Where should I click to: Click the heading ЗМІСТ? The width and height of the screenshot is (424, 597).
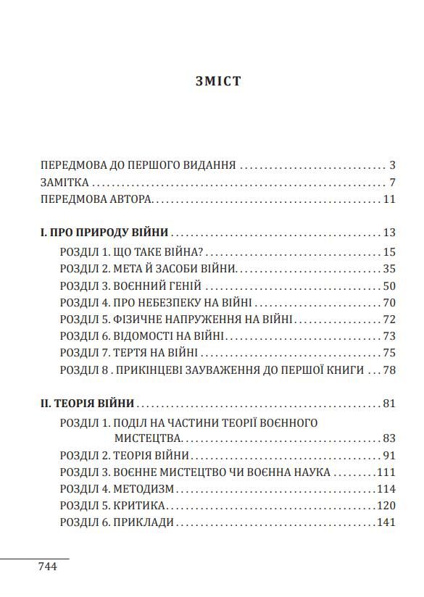[218, 81]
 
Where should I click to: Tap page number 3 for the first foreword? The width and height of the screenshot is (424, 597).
[391, 165]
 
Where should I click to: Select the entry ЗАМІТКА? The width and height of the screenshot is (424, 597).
[65, 183]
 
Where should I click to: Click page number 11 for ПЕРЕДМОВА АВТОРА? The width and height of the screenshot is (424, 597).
[389, 200]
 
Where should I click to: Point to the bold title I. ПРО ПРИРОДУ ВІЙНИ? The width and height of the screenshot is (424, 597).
[105, 233]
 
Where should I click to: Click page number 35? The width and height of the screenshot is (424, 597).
[389, 268]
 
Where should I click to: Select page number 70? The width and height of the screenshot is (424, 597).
[389, 303]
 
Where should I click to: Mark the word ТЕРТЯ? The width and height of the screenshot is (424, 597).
[130, 353]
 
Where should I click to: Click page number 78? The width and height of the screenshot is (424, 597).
[389, 370]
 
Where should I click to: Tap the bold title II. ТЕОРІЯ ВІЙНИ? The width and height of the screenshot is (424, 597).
[88, 404]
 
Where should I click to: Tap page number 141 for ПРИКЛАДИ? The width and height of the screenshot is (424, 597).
[386, 522]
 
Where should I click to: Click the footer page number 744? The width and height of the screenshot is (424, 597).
[47, 566]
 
